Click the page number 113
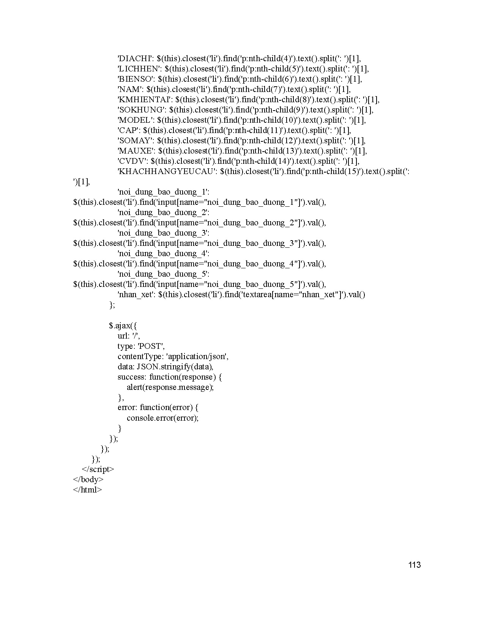point(415,565)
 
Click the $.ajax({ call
point(125,326)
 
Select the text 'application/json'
point(197,356)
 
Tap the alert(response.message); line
point(170,387)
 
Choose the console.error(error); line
point(162,418)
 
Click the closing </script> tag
point(98,469)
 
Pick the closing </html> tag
point(87,490)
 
